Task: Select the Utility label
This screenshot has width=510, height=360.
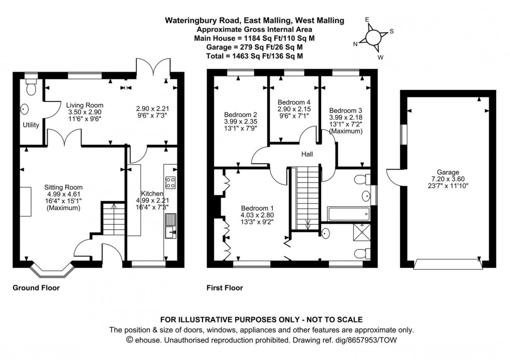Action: (31, 125)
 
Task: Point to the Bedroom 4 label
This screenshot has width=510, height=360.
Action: (294, 102)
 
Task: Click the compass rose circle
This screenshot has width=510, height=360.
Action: (374, 37)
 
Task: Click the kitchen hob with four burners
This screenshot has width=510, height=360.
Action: (170, 182)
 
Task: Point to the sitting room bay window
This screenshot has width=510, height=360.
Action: (51, 271)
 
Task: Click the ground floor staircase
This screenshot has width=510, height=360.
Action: (111, 218)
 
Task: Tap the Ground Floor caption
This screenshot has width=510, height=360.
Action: (36, 288)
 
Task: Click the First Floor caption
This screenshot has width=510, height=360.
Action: (225, 288)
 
